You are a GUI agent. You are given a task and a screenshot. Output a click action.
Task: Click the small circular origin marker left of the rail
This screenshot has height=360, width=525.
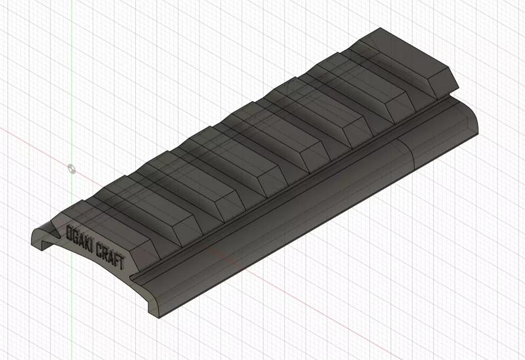pos(72,169)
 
